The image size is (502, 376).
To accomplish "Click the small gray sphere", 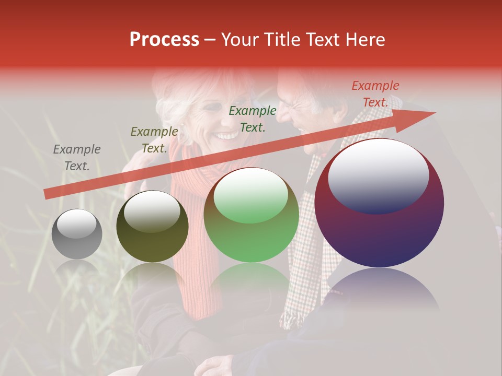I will [77, 234].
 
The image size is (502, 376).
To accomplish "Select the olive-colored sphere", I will [152, 226].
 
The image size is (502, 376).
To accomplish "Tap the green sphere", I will [252, 215].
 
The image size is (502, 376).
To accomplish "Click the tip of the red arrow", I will [434, 112].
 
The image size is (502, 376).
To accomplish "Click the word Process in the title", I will [164, 40].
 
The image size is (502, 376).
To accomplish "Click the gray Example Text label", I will [77, 157].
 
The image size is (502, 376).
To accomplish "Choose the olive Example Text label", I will [154, 139].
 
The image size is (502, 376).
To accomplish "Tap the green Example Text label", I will [253, 119].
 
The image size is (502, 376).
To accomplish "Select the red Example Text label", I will [375, 94].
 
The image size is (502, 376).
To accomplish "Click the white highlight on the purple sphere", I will [379, 175].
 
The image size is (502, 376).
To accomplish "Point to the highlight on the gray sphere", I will [76, 224].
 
